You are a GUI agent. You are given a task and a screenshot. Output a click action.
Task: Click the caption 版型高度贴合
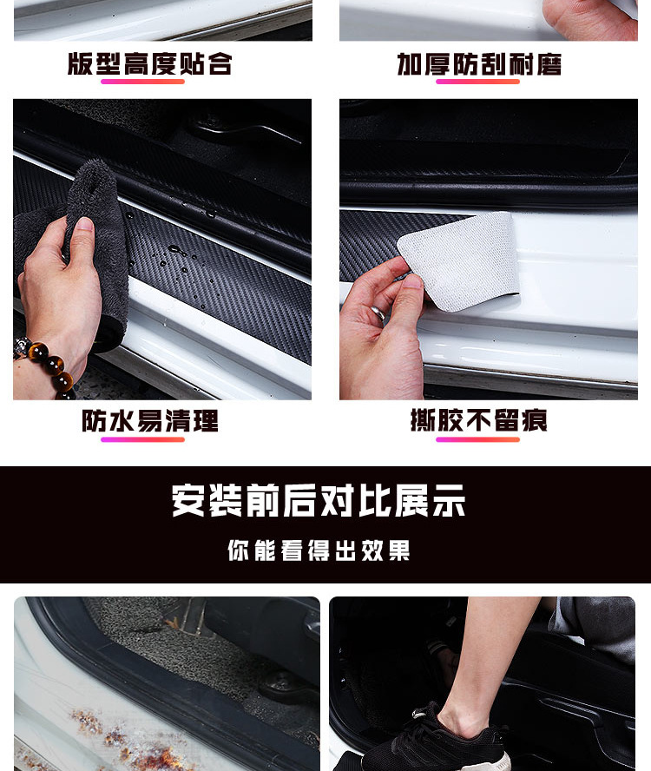pos(150,64)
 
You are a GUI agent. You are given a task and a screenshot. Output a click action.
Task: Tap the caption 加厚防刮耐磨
pos(479,64)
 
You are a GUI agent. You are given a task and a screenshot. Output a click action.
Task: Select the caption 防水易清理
pos(150,421)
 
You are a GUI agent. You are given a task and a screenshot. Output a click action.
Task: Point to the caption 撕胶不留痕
pos(479,421)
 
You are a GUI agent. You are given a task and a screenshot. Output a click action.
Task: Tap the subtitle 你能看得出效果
pos(319,550)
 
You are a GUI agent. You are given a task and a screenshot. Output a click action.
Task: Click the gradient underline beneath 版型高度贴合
pos(142,82)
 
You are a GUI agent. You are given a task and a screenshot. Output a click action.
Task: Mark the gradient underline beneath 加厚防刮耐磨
pos(477,82)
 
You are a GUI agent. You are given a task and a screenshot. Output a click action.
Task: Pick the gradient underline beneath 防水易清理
pos(142,439)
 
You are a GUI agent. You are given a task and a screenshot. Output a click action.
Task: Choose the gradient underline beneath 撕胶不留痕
pos(477,439)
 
